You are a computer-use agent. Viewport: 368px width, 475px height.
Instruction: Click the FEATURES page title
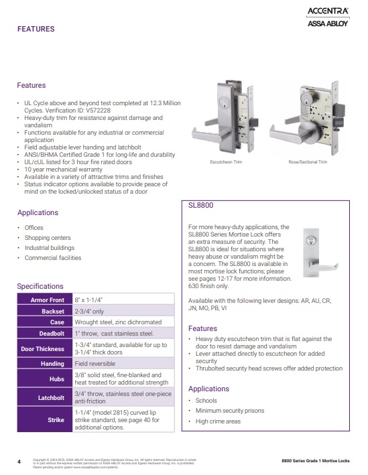tap(36, 29)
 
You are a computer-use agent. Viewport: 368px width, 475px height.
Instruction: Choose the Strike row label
tap(56, 419)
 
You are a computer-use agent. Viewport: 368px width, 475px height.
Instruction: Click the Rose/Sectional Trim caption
tap(308, 162)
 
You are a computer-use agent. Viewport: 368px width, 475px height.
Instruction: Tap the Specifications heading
tap(40, 286)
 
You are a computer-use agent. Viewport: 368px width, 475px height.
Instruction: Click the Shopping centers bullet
tap(48, 238)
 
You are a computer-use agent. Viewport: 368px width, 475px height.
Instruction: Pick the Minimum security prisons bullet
tap(230, 410)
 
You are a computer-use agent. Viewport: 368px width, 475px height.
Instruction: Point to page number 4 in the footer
tap(19, 461)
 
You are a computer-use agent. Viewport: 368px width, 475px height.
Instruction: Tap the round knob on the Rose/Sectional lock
tap(296, 133)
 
